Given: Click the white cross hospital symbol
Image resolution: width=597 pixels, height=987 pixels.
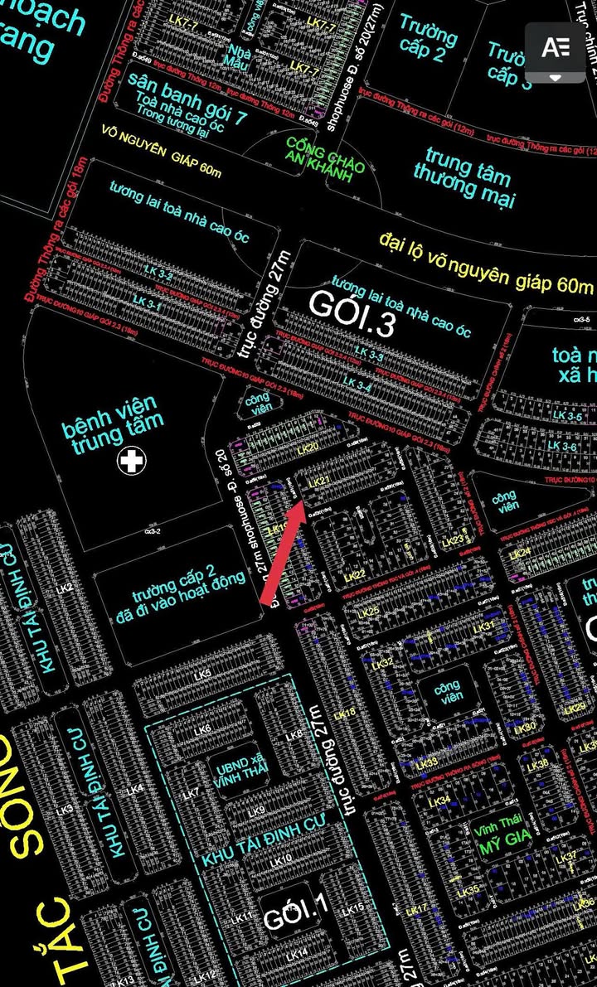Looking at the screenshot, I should pos(131,461).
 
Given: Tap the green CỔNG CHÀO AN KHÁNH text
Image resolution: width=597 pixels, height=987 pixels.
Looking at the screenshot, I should pos(324,154).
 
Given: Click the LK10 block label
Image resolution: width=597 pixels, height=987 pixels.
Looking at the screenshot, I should pos(282,860).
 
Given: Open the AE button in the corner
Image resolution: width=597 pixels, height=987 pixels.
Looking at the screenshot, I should pos(555,47).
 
